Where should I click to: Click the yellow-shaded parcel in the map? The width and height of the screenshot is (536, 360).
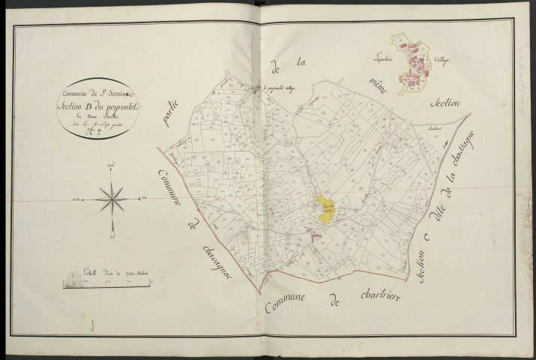coord(328,208)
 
